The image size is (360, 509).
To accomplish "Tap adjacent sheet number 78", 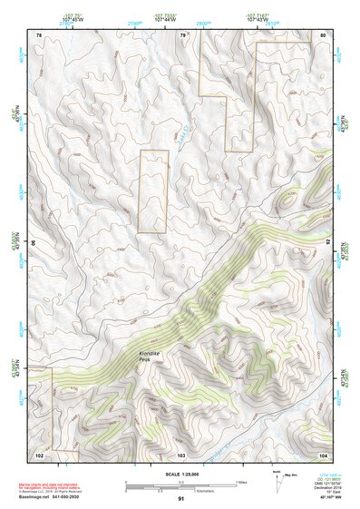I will [x=38, y=34].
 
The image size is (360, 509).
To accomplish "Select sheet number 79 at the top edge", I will [x=182, y=34].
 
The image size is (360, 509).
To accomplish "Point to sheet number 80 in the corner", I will [x=323, y=34].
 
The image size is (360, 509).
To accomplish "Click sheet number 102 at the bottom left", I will [x=39, y=453].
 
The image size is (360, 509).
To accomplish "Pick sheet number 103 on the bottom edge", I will [x=181, y=453].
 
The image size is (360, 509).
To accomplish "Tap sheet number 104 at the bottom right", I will [x=322, y=453].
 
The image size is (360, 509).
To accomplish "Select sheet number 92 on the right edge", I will [x=327, y=243].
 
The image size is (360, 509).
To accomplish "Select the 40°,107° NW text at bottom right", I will [x=331, y=498].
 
